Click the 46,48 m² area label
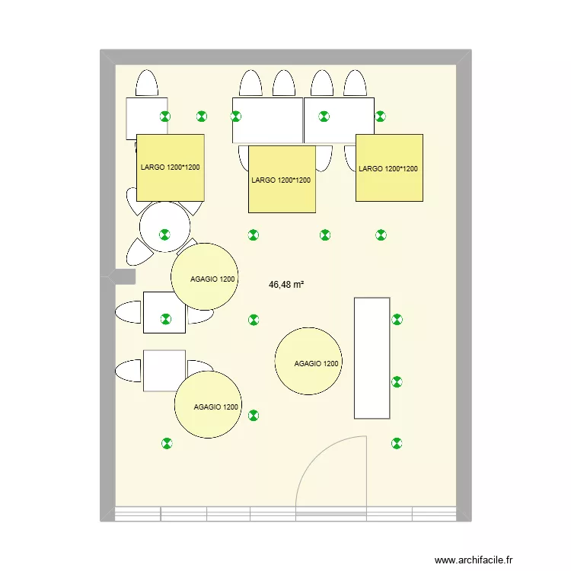click(286, 285)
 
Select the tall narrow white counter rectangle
click(372, 358)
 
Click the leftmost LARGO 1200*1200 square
click(171, 167)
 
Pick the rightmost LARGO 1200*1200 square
click(389, 168)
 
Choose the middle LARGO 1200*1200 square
click(282, 180)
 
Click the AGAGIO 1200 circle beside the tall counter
click(308, 362)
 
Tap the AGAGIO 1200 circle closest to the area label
click(205, 276)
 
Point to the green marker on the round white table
click(164, 235)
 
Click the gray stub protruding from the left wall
click(124, 276)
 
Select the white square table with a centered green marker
click(164, 312)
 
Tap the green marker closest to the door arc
click(396, 442)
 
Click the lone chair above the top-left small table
click(147, 83)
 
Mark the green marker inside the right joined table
click(324, 116)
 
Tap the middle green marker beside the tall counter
click(396, 381)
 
